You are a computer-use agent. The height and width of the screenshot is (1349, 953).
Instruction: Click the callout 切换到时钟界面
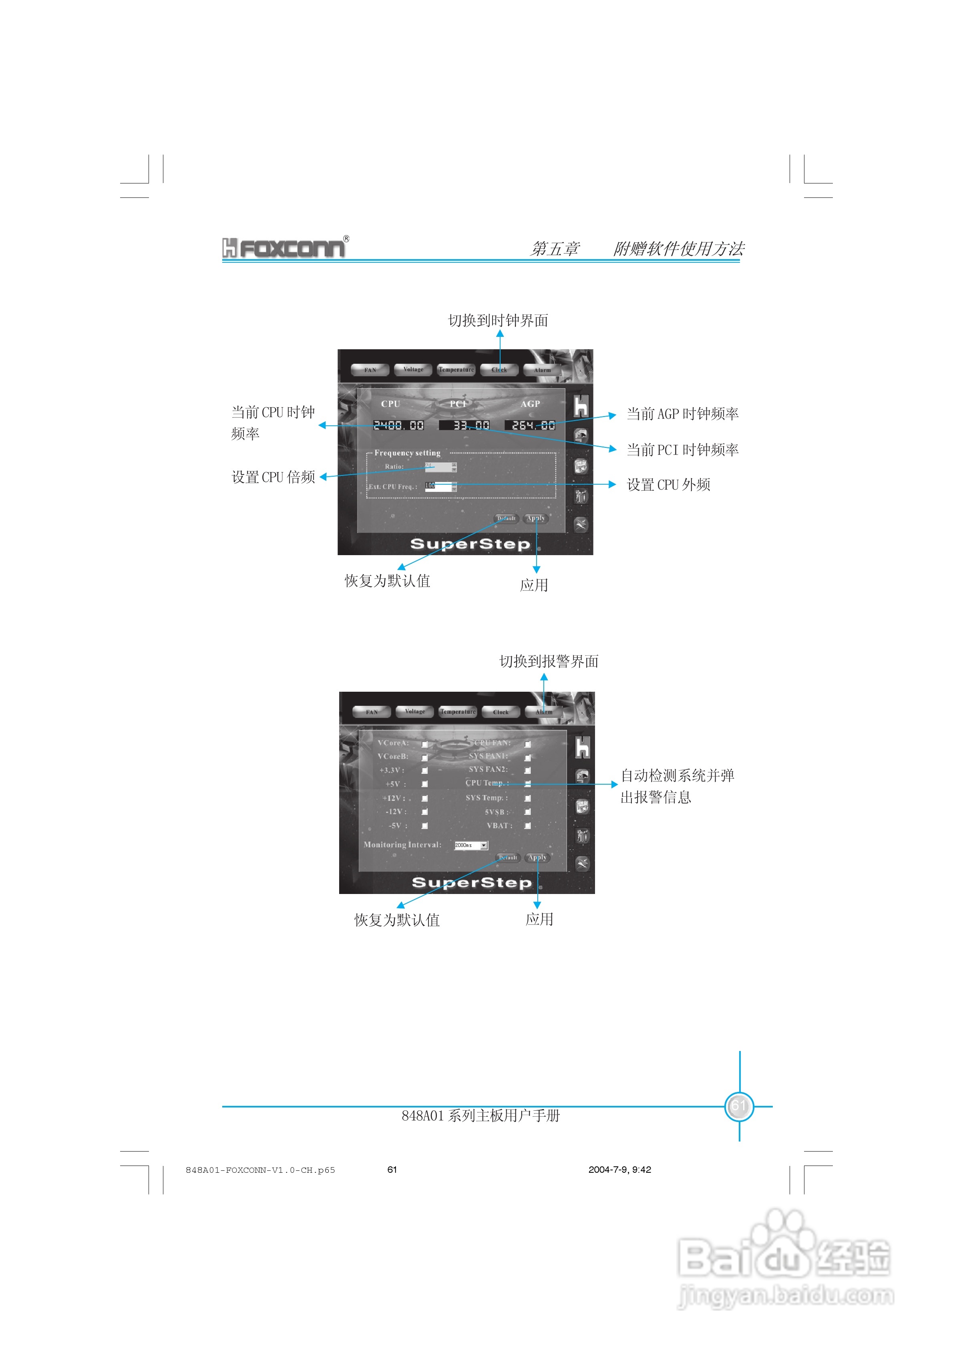[498, 320]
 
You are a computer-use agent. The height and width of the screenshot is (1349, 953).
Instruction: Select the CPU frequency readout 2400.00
[398, 425]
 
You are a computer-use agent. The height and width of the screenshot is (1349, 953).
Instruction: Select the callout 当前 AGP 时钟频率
[682, 414]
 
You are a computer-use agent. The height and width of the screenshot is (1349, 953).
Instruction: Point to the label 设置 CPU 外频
[669, 485]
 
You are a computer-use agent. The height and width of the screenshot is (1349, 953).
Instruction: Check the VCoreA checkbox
[424, 744]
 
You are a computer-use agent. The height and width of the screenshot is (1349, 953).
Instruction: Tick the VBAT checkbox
[528, 826]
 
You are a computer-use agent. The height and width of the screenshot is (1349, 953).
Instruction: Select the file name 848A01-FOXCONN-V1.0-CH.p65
[260, 1170]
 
